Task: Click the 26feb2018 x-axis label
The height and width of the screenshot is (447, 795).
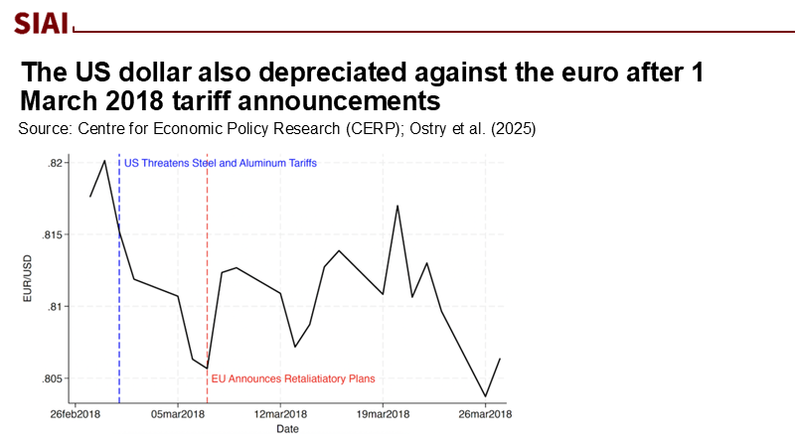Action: tap(76, 414)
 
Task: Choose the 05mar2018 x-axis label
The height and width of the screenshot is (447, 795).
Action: tap(178, 414)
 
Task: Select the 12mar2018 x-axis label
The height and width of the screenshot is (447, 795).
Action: tap(281, 414)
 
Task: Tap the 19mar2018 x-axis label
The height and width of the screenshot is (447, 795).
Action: tap(384, 414)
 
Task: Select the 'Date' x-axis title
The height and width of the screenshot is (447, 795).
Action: tap(287, 429)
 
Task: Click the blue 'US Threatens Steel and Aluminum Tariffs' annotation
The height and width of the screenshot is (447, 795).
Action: tap(221, 162)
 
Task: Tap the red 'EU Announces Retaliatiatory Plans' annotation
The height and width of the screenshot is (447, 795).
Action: tap(294, 378)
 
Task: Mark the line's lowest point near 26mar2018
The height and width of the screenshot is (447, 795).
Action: tap(485, 396)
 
